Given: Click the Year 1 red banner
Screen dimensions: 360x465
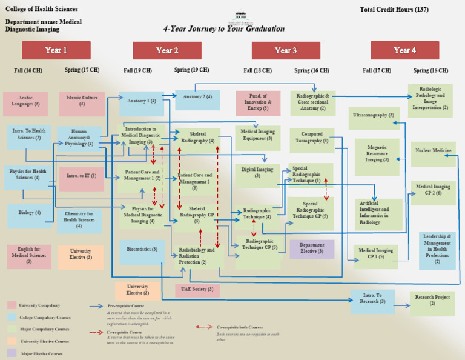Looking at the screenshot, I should click(x=56, y=50).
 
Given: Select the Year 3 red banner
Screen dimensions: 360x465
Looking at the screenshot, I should click(x=286, y=50).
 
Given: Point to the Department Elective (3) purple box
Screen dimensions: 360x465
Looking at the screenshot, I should click(x=312, y=248).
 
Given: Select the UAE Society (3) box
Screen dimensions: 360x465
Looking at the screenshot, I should click(x=197, y=290).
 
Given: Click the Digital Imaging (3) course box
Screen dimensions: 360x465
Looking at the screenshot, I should click(x=257, y=173).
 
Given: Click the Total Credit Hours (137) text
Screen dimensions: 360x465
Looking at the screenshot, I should click(x=394, y=10).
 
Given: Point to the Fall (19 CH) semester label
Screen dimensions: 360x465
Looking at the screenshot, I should click(x=142, y=70).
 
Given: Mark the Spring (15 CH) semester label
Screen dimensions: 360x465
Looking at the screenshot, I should click(x=430, y=70).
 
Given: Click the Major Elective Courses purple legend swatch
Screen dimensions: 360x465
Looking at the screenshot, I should click(x=12, y=353).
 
